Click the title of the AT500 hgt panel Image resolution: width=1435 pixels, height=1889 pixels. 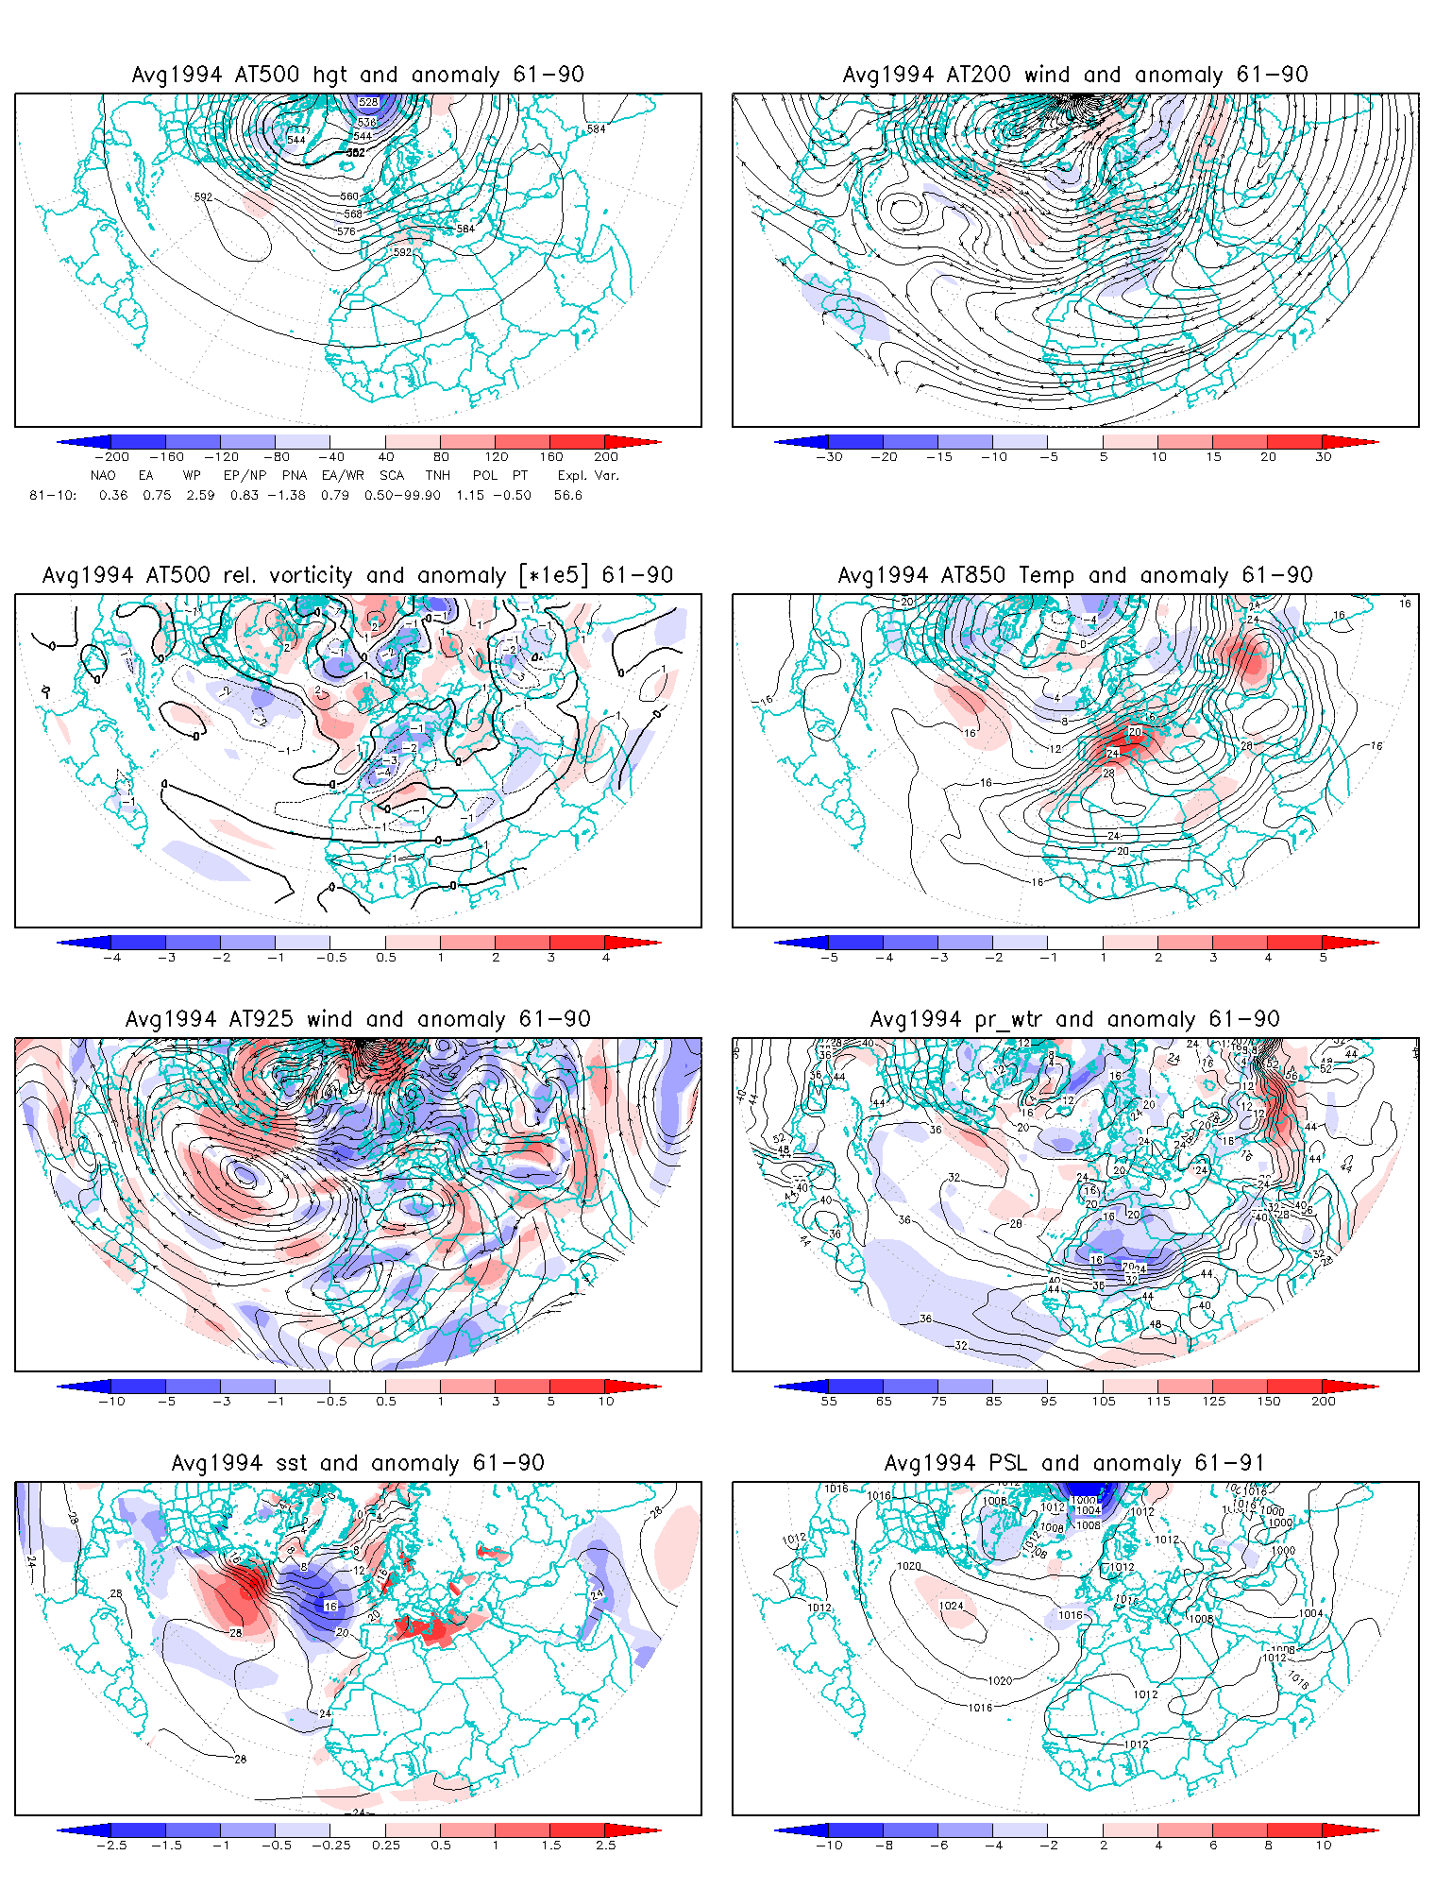[x=358, y=75]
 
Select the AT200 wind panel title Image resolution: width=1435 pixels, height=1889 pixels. [x=1075, y=75]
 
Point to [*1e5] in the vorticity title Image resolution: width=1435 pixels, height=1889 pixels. [x=556, y=575]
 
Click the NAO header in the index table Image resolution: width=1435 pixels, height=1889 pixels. [x=103, y=475]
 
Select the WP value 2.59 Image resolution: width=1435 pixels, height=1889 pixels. [x=200, y=495]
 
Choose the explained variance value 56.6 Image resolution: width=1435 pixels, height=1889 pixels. [x=568, y=495]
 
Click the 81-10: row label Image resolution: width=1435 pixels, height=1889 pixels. [x=53, y=495]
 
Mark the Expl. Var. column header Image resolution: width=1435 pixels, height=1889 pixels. [x=587, y=475]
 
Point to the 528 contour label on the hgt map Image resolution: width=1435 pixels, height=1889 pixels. [x=368, y=102]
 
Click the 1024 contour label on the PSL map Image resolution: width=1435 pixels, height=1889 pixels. [x=951, y=1606]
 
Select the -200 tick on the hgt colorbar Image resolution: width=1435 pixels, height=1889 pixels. [x=111, y=456]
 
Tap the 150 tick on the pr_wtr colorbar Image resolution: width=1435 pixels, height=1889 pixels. [x=1269, y=1401]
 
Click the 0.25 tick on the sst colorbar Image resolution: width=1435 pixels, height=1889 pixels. [x=386, y=1845]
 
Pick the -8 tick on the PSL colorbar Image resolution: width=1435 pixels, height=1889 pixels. [x=884, y=1845]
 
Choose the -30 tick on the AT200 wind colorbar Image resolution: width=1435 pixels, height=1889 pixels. [x=829, y=456]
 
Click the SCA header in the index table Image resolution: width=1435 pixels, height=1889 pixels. [x=391, y=475]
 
